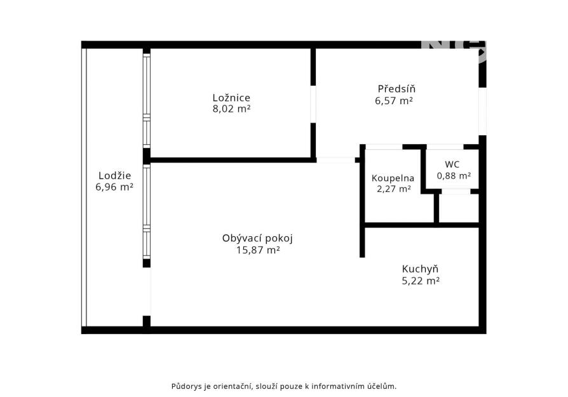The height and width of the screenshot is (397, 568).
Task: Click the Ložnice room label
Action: [231, 98]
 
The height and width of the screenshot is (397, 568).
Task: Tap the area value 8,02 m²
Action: [231, 109]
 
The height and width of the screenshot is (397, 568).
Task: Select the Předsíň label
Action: [396, 89]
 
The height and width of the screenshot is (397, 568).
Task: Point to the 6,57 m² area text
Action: [394, 100]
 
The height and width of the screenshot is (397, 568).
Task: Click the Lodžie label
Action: [114, 176]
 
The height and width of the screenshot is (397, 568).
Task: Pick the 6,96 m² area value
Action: [114, 187]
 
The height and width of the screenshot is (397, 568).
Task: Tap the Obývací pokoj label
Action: [257, 238]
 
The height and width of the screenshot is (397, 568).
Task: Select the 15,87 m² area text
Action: [258, 250]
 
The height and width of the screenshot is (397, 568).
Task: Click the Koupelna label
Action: [393, 178]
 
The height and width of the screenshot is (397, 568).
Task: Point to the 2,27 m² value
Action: [394, 189]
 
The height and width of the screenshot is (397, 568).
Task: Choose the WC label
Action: [452, 165]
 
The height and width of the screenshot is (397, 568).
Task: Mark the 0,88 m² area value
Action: [454, 176]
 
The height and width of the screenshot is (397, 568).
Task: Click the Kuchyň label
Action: [420, 269]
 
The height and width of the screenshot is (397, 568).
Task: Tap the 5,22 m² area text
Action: [421, 281]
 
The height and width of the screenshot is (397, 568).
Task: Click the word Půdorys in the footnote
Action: [186, 386]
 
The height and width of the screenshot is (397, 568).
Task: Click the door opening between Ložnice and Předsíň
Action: [313, 104]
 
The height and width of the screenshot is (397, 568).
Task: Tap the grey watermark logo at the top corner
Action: [454, 51]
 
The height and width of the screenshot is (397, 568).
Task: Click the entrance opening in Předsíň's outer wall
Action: [482, 111]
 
